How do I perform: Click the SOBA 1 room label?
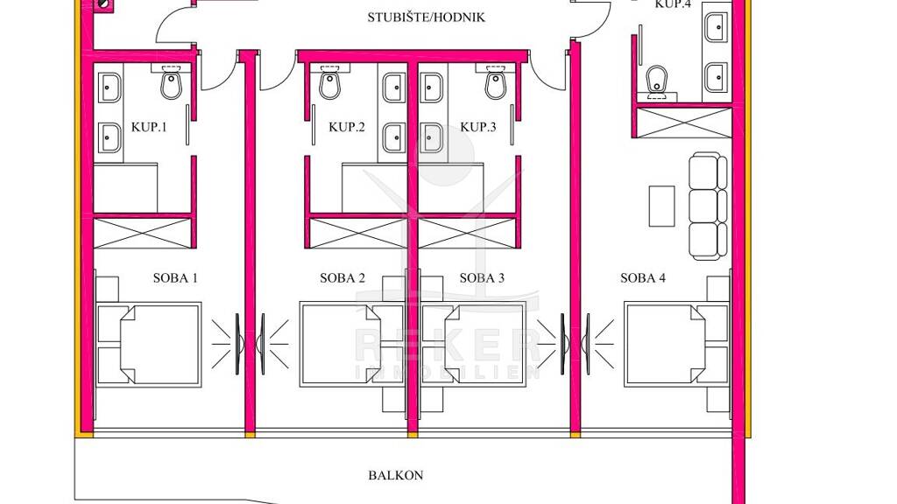pos(175,278)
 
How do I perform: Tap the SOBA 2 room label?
pos(343,278)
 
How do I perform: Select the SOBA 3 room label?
pos(482,278)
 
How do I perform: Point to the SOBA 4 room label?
pos(642,278)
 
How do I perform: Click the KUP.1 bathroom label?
pos(149,127)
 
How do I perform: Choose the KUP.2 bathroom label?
pos(346,127)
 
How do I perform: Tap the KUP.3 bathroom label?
pos(477,127)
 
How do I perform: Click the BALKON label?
pos(395,475)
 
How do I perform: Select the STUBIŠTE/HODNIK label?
pos(427,17)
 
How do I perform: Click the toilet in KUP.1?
pos(171,81)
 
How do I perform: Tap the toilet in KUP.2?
pos(329,81)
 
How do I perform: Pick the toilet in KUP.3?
pos(496,81)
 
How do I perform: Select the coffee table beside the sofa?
pos(661,206)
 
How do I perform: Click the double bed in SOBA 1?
pos(149,345)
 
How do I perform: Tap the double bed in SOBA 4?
pos(677,345)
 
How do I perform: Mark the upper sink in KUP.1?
pos(109,87)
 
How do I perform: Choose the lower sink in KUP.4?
pos(716,77)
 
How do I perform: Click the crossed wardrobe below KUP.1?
pos(142,234)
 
